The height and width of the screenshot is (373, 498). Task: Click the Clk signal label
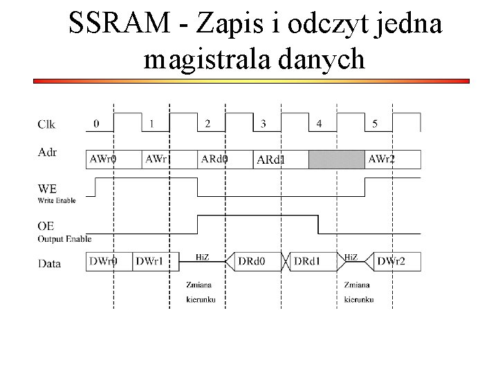point(46,124)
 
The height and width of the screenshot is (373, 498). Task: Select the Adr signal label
point(46,152)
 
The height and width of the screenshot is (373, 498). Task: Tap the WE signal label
point(47,188)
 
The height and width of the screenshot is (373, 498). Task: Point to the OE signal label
point(46,227)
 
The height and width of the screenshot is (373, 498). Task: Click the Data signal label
point(48,263)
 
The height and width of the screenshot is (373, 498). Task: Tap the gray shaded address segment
point(336,160)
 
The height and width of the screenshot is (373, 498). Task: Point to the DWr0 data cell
point(104,262)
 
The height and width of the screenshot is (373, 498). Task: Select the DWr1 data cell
point(151,262)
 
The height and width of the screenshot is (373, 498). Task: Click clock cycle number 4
point(319,124)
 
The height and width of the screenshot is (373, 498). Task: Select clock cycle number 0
point(96,124)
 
